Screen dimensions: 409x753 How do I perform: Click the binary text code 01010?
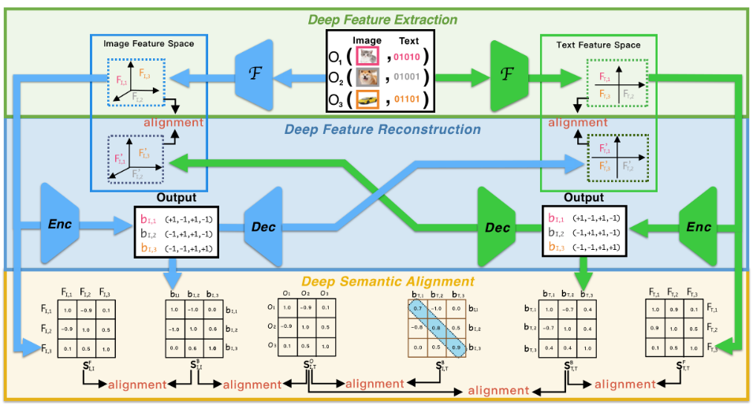pyautogui.click(x=413, y=58)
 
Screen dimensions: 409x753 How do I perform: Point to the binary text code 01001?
pyautogui.click(x=413, y=79)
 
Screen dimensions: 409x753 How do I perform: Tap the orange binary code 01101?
pyautogui.click(x=413, y=101)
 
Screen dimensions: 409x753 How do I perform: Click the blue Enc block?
pyautogui.click(x=59, y=225)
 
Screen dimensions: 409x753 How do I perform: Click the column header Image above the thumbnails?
pyautogui.click(x=367, y=40)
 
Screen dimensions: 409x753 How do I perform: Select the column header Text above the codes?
pyautogui.click(x=410, y=40)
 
